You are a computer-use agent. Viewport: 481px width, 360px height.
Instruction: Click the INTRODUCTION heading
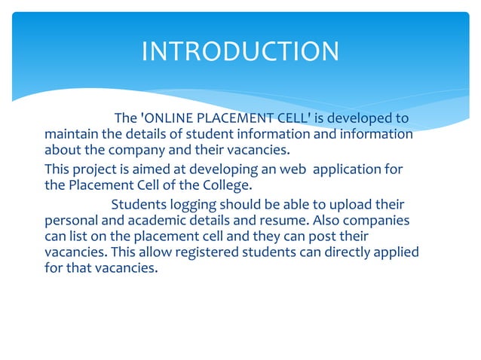click(x=240, y=51)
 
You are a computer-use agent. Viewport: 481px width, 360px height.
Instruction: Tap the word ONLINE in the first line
click(x=167, y=118)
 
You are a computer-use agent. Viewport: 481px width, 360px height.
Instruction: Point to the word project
click(x=94, y=169)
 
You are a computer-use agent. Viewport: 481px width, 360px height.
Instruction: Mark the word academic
click(x=157, y=221)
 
